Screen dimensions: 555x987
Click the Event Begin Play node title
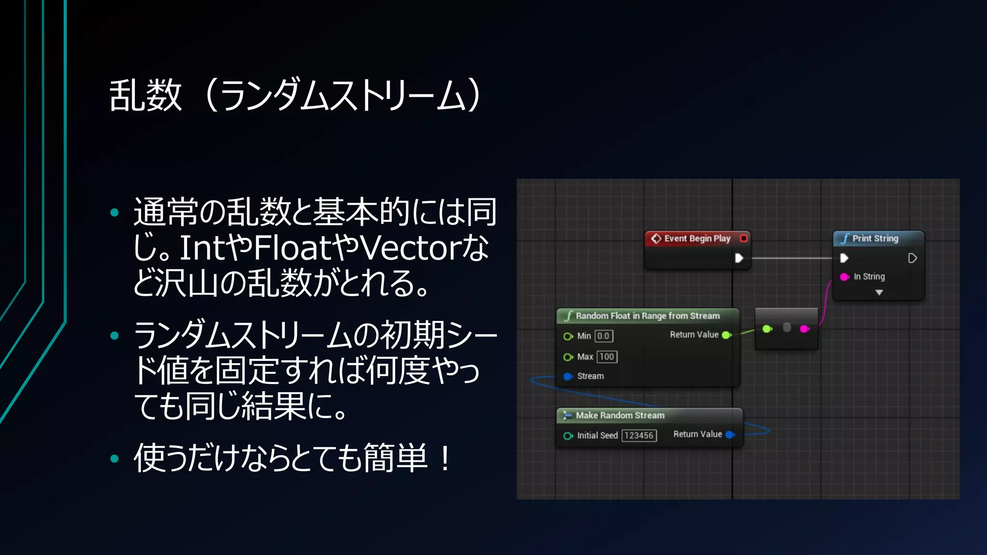click(x=697, y=238)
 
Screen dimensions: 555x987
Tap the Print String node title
click(x=875, y=238)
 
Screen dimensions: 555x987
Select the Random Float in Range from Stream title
click(x=647, y=316)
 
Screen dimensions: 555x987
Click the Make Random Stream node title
click(x=620, y=415)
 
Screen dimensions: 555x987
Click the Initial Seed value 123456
click(x=639, y=436)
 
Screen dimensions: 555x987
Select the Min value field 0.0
click(x=603, y=336)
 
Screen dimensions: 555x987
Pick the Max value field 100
click(x=607, y=357)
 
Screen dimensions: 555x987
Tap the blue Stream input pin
click(x=568, y=376)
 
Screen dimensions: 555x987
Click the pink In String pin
click(x=844, y=277)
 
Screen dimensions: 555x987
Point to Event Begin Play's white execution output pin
click(x=739, y=258)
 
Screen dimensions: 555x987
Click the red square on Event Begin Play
click(x=744, y=238)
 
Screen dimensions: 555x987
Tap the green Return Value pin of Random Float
click(x=726, y=335)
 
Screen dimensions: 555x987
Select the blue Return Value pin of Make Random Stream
click(x=730, y=435)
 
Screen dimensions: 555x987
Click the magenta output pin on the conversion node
click(x=804, y=329)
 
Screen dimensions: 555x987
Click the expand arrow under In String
click(x=879, y=292)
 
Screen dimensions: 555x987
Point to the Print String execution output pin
click(x=912, y=258)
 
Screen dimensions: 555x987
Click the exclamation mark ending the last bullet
click(x=445, y=458)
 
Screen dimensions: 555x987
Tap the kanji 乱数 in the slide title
click(x=146, y=95)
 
